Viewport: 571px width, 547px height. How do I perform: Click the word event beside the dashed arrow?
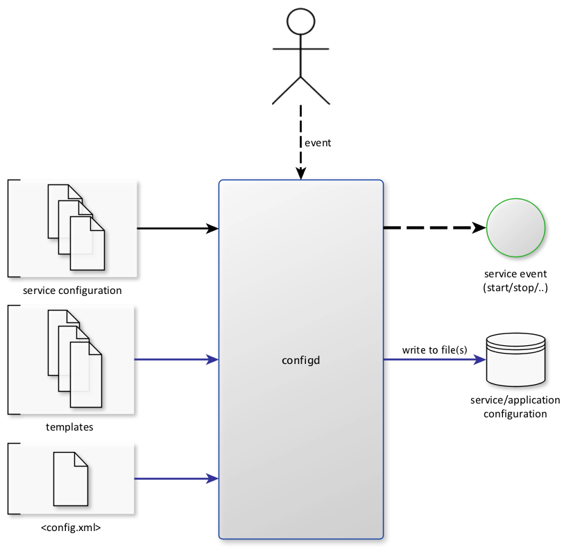pyautogui.click(x=318, y=143)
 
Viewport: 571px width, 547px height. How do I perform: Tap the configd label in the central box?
pyautogui.click(x=300, y=360)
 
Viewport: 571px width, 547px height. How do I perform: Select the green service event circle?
pyautogui.click(x=516, y=227)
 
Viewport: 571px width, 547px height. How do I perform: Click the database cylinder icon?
pyautogui.click(x=516, y=360)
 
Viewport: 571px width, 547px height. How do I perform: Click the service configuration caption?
pyautogui.click(x=72, y=290)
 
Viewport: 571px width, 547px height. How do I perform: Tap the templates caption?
pyautogui.click(x=69, y=427)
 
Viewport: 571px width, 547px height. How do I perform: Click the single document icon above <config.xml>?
pyautogui.click(x=71, y=479)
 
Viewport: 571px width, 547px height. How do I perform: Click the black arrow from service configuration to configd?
pyautogui.click(x=178, y=227)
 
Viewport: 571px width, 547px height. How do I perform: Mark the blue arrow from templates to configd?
pyautogui.click(x=176, y=359)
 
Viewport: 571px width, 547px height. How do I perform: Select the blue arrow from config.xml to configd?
pyautogui.click(x=176, y=478)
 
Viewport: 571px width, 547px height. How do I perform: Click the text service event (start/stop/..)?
pyautogui.click(x=516, y=281)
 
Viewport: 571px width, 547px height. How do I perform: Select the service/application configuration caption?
pyautogui.click(x=508, y=408)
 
